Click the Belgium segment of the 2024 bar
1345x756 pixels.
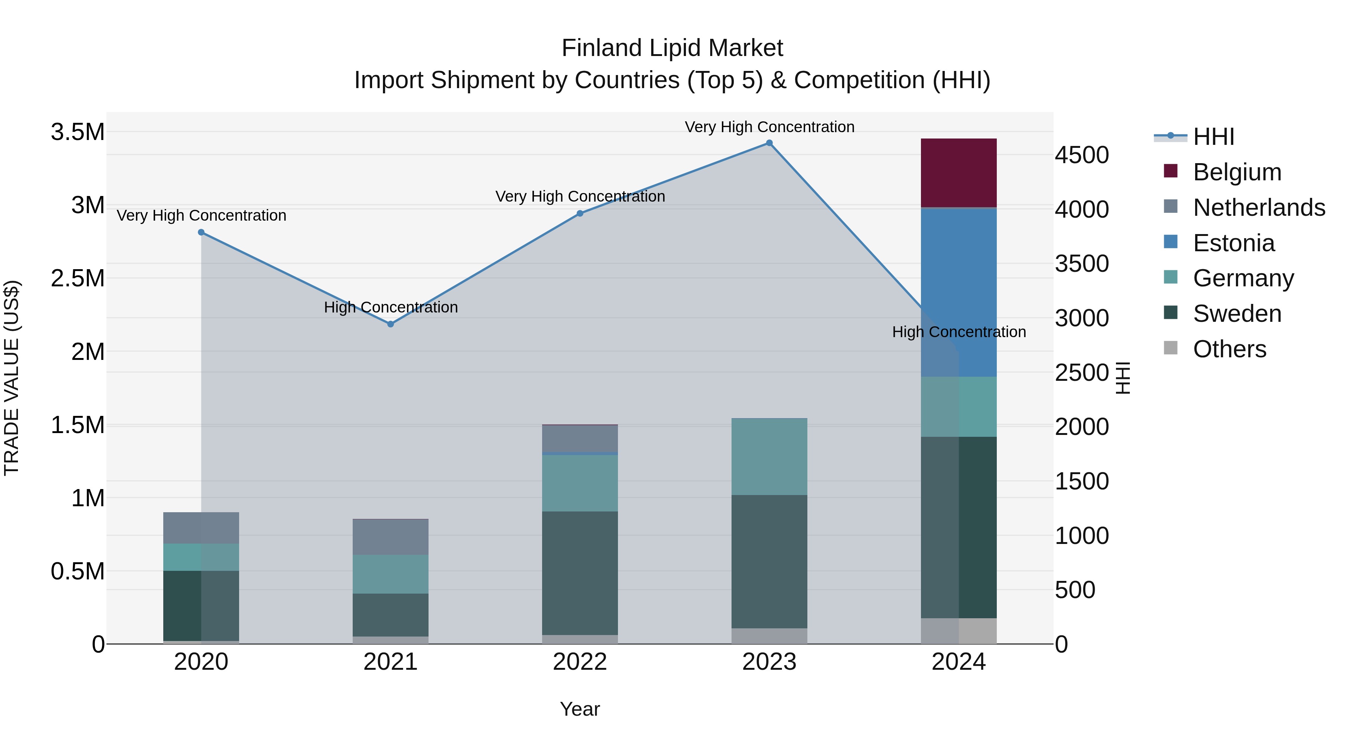[x=959, y=173]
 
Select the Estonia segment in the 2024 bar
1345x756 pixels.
[x=959, y=292]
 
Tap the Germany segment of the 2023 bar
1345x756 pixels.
[x=769, y=457]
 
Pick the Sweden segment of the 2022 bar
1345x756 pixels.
[x=579, y=573]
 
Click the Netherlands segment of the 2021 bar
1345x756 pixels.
[x=390, y=537]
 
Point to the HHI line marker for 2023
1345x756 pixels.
[x=769, y=143]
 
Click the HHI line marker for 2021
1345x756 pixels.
[x=390, y=324]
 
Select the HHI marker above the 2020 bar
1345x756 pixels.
[x=201, y=232]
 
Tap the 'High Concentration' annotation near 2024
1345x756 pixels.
[x=959, y=332]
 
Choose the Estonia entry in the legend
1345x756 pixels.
[x=1233, y=243]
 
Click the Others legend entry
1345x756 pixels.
[x=1229, y=349]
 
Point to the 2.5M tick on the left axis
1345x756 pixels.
[x=78, y=278]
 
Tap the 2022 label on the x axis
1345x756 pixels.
[x=579, y=662]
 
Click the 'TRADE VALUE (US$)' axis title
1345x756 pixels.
[x=12, y=378]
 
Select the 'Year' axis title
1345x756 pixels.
[x=579, y=709]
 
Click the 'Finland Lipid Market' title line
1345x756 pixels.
[x=672, y=48]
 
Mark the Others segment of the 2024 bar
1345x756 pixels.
[x=959, y=631]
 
